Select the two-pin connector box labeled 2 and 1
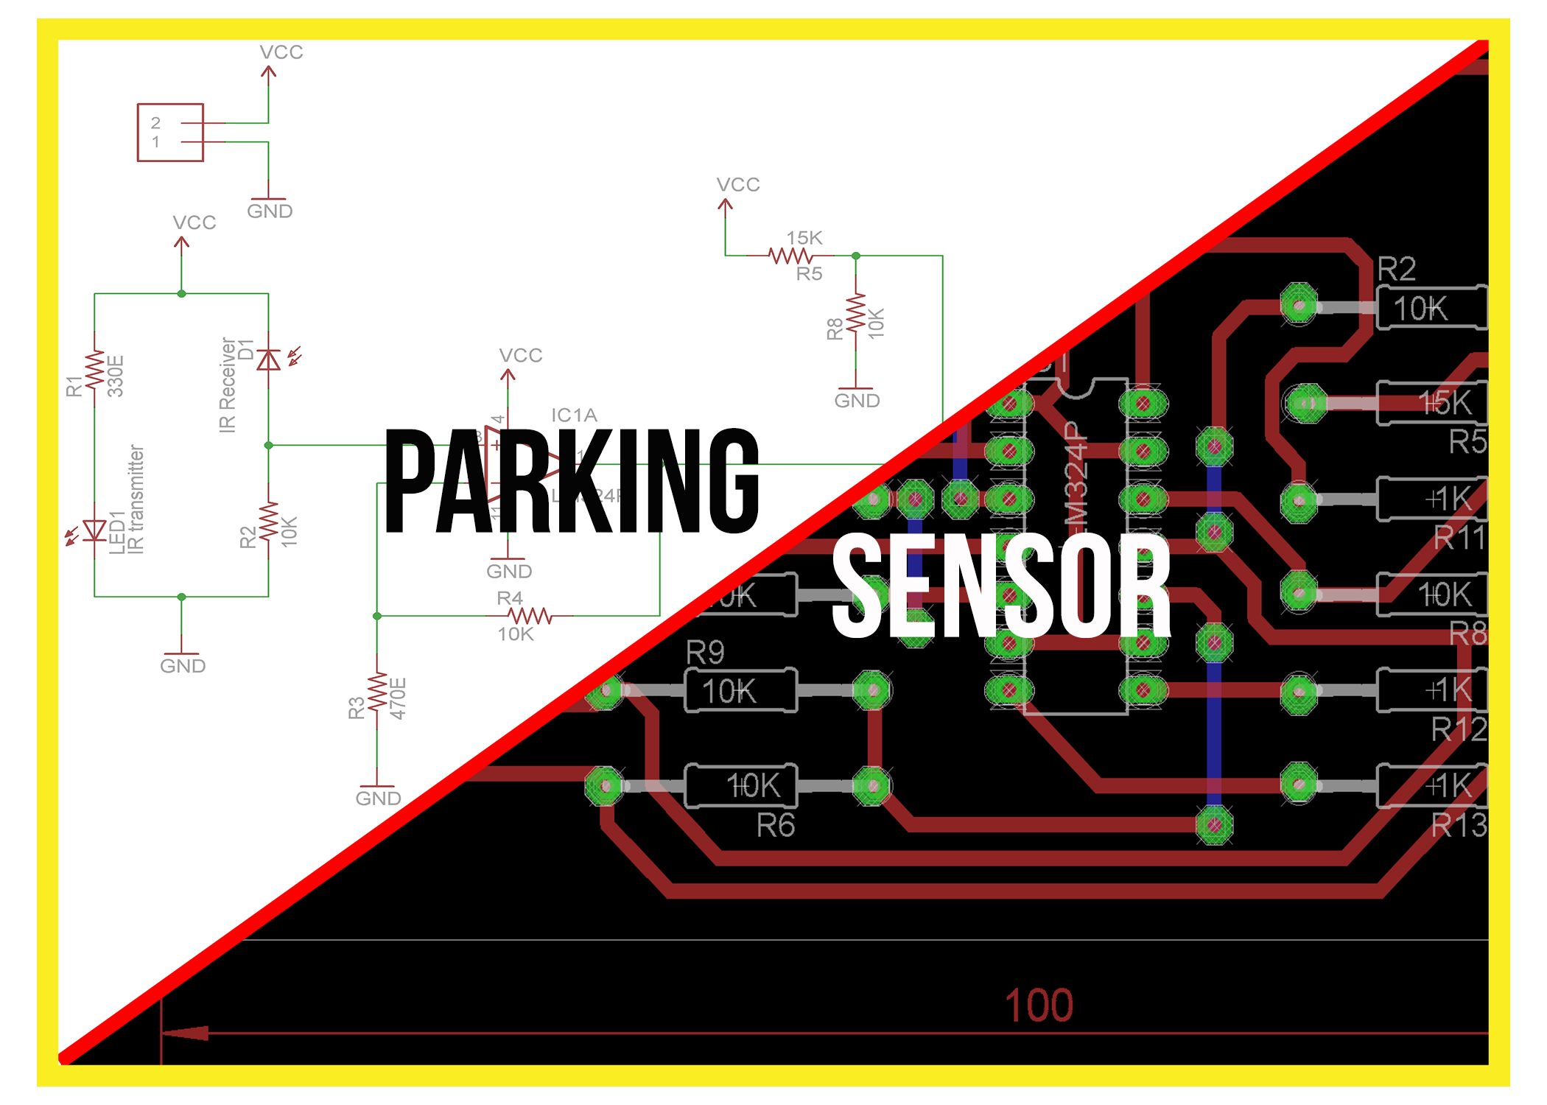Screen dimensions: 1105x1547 (x=170, y=133)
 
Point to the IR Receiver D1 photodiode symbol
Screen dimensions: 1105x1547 (x=269, y=360)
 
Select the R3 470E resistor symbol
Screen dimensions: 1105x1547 (x=377, y=692)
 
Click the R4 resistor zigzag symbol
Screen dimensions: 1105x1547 (x=530, y=616)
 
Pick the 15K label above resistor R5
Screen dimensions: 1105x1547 (x=804, y=238)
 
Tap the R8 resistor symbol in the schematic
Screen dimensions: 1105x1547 (x=856, y=315)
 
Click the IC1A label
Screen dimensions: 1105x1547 (x=574, y=415)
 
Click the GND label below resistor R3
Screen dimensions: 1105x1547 (x=378, y=799)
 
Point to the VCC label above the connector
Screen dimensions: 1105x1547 (x=281, y=52)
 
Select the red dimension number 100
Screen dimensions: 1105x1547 (x=1039, y=1006)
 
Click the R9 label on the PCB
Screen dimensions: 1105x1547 (x=705, y=652)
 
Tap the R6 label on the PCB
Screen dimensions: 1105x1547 (x=776, y=826)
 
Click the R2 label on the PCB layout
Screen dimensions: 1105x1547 (x=1397, y=269)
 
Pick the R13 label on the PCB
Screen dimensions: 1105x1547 (x=1459, y=826)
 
